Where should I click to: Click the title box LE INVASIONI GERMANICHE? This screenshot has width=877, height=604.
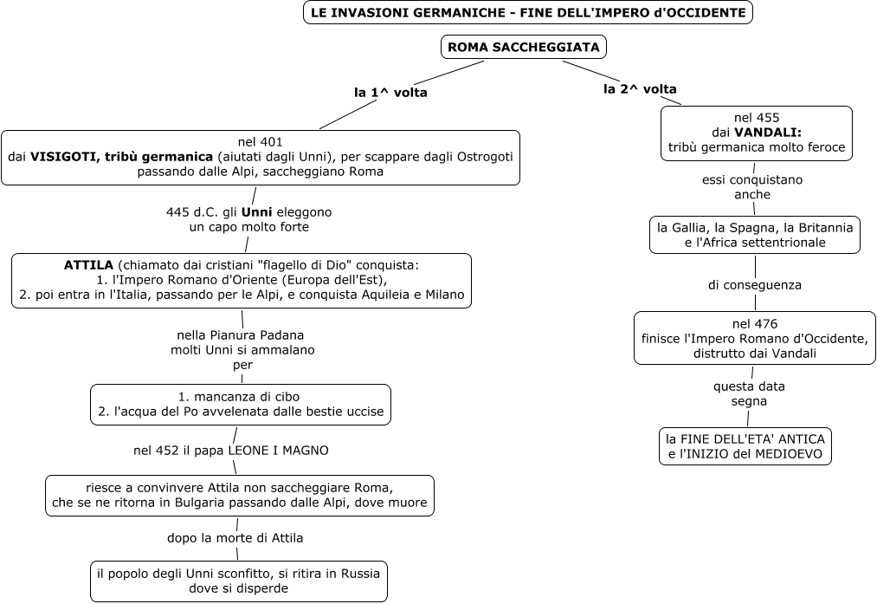tap(527, 13)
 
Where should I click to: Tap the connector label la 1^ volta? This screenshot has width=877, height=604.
tap(390, 92)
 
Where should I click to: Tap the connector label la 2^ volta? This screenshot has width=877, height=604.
tap(640, 88)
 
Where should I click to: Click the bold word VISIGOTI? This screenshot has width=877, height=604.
tap(61, 157)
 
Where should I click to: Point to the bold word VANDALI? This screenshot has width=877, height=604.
tap(767, 133)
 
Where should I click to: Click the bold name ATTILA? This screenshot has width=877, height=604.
tap(88, 264)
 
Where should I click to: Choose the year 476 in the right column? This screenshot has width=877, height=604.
tap(765, 324)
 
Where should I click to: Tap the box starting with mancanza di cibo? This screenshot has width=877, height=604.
tap(241, 404)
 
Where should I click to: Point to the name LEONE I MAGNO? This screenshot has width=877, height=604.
tap(278, 451)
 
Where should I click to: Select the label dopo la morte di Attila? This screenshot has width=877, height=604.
tap(235, 537)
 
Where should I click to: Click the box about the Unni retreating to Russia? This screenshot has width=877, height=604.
tap(238, 581)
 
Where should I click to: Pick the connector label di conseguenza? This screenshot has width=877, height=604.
tap(754, 284)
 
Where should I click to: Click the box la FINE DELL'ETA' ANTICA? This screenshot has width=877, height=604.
tap(745, 445)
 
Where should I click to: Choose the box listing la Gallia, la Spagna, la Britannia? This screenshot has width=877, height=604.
tap(755, 235)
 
